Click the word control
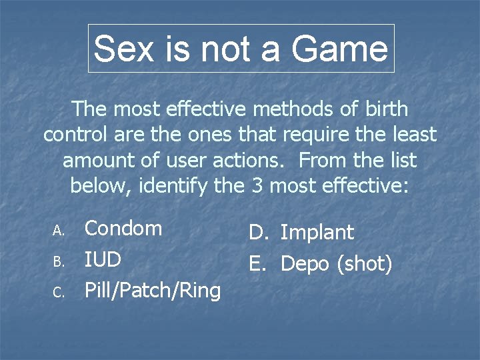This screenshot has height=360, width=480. tap(78, 135)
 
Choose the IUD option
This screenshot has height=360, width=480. tap(103, 259)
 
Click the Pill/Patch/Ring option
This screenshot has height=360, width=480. tap(152, 291)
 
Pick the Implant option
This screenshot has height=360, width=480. tap(317, 233)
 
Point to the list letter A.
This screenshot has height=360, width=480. tap(58, 230)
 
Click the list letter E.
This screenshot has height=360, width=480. tap(257, 264)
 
